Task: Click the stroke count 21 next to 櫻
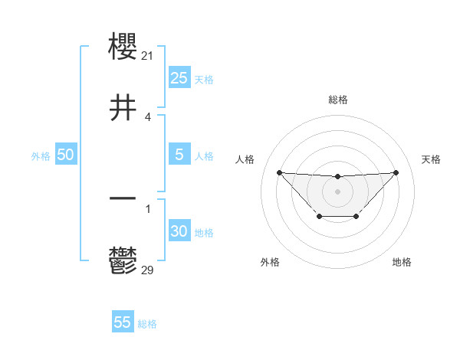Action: (x=149, y=55)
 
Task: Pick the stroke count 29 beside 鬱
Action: (x=149, y=269)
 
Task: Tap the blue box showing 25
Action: (x=179, y=78)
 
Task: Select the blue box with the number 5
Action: (x=179, y=155)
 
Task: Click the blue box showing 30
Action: (x=179, y=231)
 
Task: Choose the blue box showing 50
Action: (x=66, y=155)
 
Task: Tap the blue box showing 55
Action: (x=123, y=322)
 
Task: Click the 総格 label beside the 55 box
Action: (x=147, y=324)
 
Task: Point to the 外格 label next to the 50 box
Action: (x=41, y=156)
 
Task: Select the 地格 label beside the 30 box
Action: (x=204, y=233)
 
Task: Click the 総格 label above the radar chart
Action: (x=338, y=100)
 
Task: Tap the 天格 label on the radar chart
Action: (x=432, y=159)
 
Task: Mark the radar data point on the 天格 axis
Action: (x=396, y=172)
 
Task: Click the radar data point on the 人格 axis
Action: (x=279, y=172)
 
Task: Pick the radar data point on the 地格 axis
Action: (x=356, y=217)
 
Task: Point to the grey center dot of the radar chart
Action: (x=337, y=190)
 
